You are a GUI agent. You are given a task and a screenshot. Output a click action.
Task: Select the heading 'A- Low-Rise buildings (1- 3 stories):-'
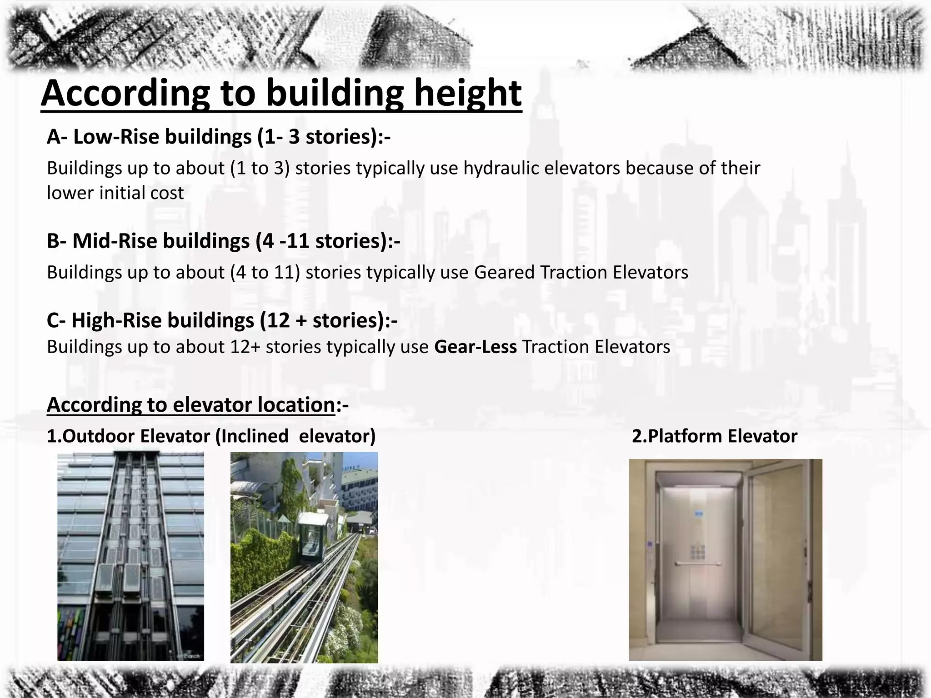coord(218,136)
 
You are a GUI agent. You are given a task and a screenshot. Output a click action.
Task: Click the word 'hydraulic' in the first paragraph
coord(501,168)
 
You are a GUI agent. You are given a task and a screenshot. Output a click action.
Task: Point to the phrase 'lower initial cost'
coord(115,193)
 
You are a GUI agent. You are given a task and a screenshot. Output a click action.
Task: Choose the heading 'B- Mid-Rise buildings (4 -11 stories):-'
coord(223,241)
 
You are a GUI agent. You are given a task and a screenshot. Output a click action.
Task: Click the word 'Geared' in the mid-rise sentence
coord(504,272)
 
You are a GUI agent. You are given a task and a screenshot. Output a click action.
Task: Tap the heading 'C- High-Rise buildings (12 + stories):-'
coord(222,320)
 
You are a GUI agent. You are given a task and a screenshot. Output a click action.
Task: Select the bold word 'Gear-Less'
coord(475,347)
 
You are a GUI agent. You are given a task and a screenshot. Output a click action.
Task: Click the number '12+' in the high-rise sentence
coord(245,347)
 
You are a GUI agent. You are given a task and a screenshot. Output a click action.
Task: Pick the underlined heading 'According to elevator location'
coord(191,404)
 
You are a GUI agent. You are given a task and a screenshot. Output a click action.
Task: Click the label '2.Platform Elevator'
coord(714,436)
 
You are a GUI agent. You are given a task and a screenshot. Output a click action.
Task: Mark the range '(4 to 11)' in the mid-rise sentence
coord(265,272)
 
